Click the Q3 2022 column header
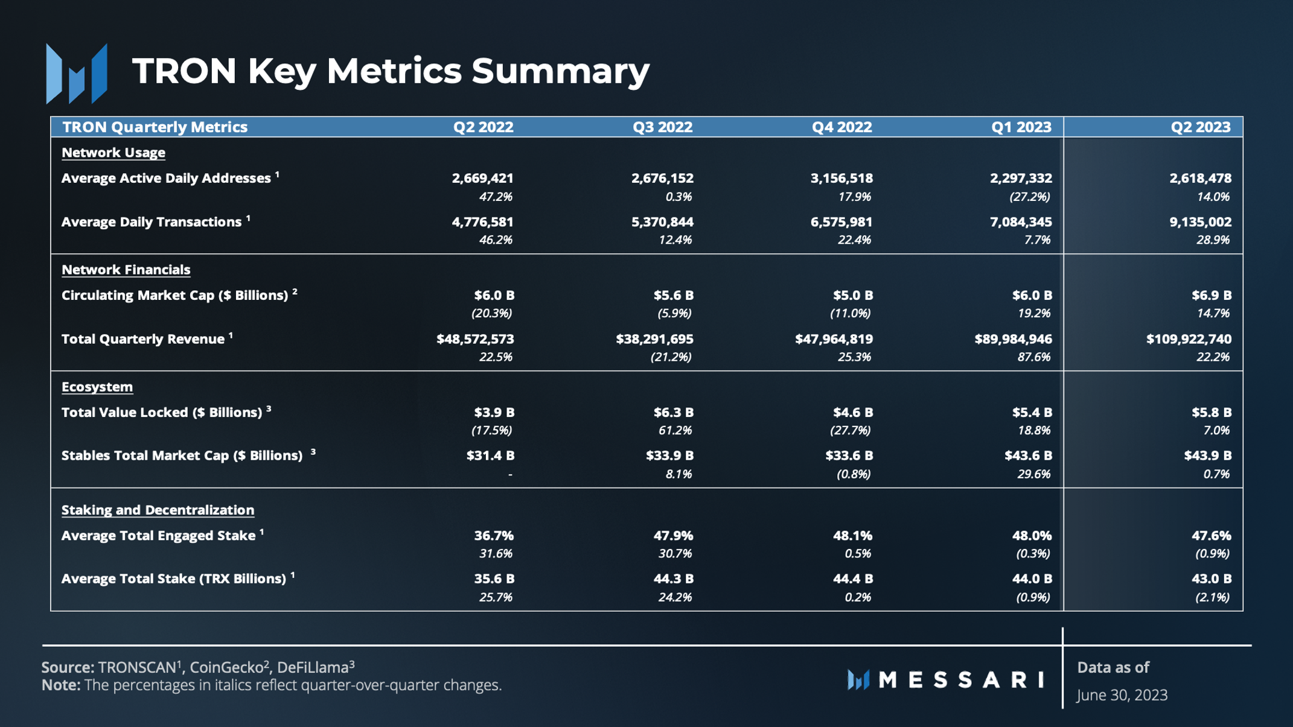(662, 127)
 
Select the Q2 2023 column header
(1200, 127)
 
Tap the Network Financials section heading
(126, 270)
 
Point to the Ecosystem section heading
(97, 387)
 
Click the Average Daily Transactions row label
(152, 222)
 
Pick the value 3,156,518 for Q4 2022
(841, 179)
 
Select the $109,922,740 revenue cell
(1189, 339)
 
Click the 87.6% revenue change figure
(1033, 357)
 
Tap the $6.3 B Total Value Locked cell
(673, 413)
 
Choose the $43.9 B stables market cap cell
(1207, 456)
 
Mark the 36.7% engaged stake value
(494, 536)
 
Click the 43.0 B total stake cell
(1211, 579)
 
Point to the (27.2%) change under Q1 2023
(1029, 197)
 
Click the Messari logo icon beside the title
(77, 73)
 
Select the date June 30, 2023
(1122, 695)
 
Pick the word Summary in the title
(560, 71)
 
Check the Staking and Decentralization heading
(158, 510)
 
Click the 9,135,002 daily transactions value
(1200, 222)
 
